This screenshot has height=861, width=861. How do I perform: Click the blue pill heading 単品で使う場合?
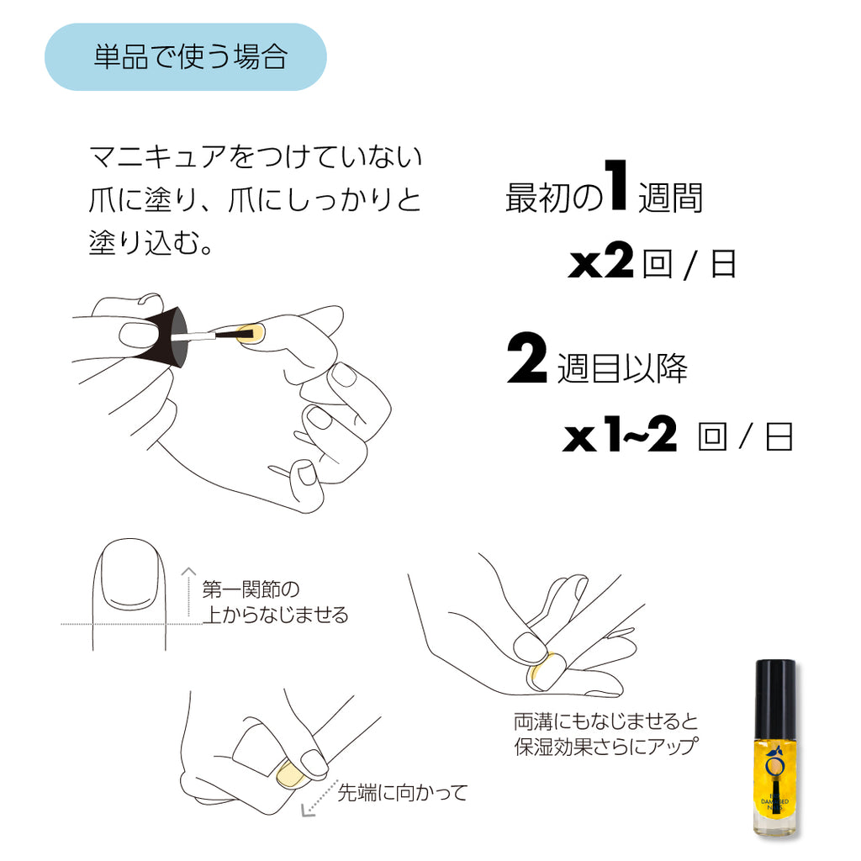click(x=185, y=57)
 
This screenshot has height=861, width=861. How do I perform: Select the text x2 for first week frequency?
click(x=600, y=264)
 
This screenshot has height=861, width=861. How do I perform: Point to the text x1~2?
click(x=620, y=437)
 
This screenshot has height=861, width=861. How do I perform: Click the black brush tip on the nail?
click(x=245, y=336)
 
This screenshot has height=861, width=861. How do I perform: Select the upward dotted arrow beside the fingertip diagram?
click(x=188, y=593)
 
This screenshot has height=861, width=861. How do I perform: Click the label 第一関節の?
click(x=251, y=589)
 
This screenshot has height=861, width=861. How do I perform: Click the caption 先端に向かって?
click(x=402, y=793)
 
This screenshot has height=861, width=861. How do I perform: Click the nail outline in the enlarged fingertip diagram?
click(x=127, y=578)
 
